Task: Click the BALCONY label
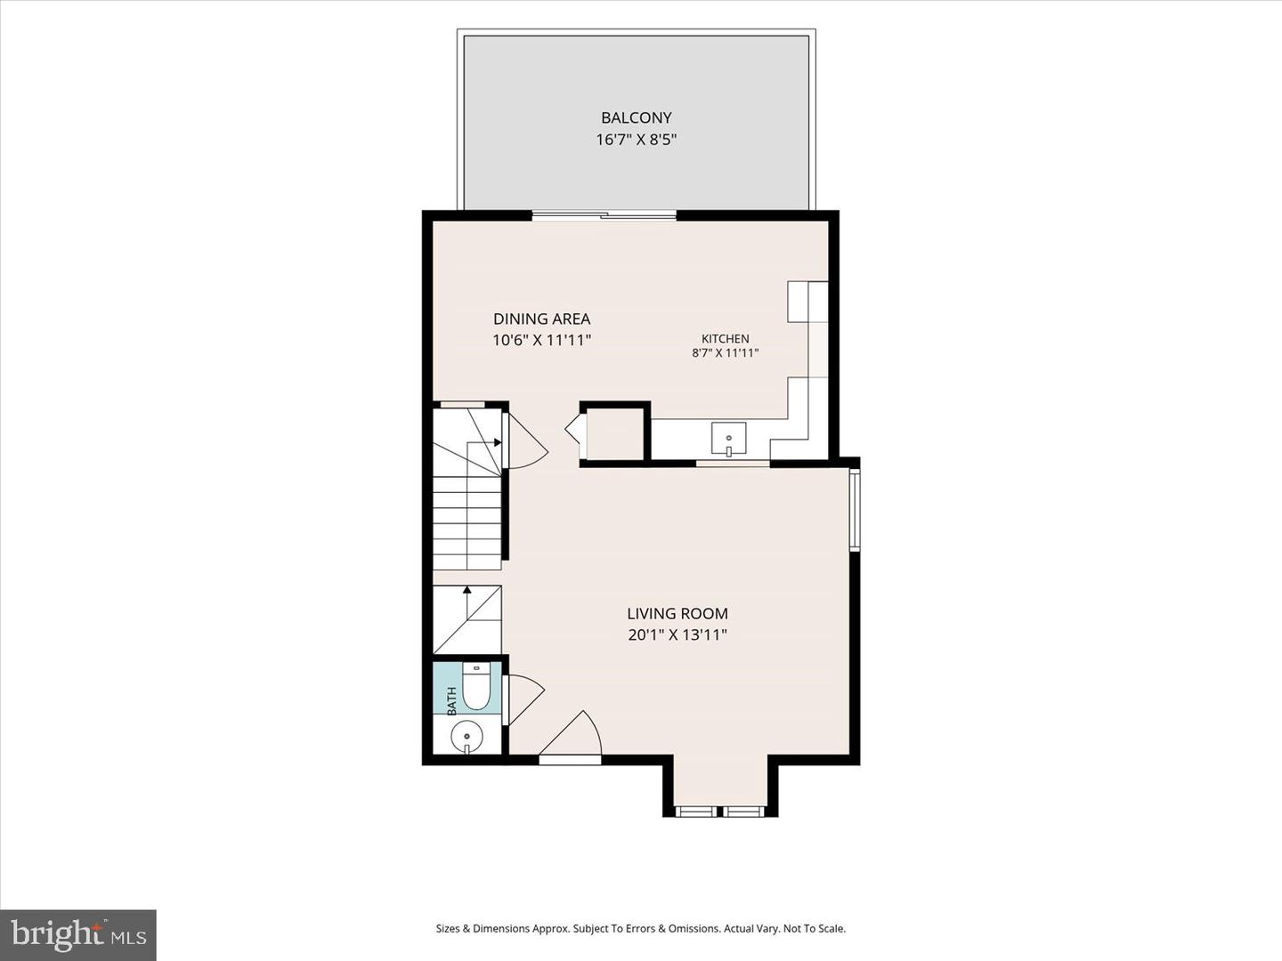[x=636, y=117]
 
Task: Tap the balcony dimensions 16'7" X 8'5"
[x=636, y=140]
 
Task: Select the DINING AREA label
[x=542, y=319]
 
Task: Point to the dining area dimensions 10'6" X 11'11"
[x=542, y=340]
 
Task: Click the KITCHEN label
[x=726, y=338]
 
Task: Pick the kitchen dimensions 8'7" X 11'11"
[x=726, y=352]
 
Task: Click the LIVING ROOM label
[x=678, y=613]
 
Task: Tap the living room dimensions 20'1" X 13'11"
[x=678, y=634]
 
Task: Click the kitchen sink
[x=728, y=438]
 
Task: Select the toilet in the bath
[x=476, y=686]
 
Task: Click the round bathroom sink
[x=467, y=738]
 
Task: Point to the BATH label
[x=451, y=701]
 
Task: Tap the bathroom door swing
[x=525, y=699]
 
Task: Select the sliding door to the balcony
[x=604, y=216]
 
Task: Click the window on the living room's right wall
[x=855, y=508]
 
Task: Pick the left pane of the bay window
[x=695, y=811]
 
